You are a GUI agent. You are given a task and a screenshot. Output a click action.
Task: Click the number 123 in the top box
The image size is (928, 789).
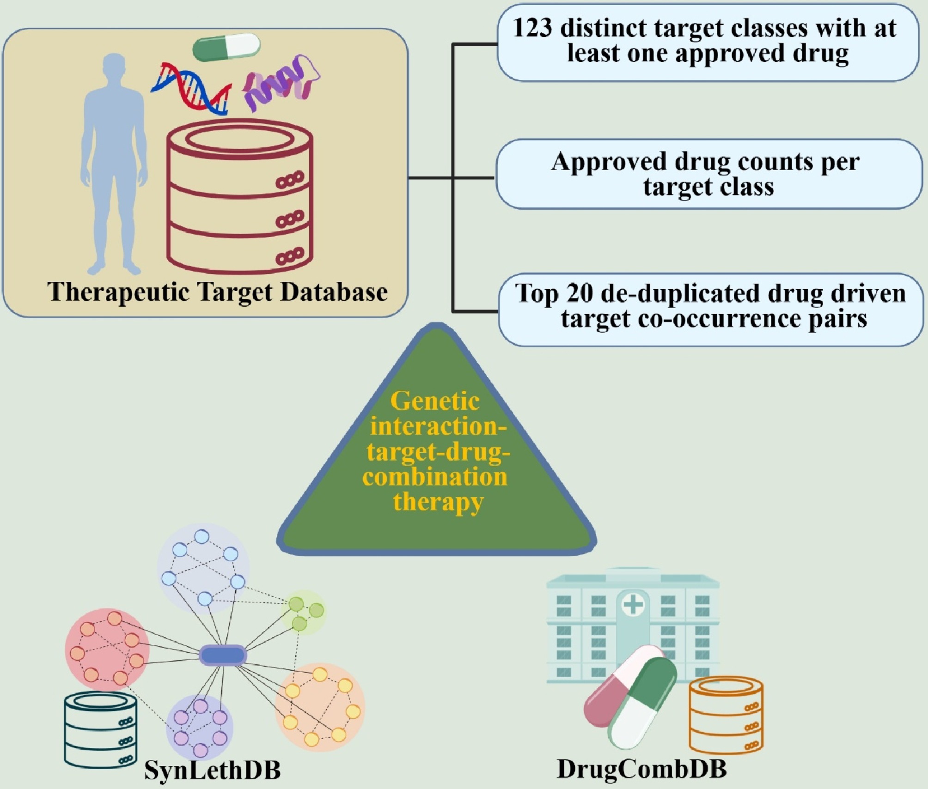(532, 29)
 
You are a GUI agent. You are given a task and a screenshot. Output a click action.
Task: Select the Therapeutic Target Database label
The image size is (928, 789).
(217, 292)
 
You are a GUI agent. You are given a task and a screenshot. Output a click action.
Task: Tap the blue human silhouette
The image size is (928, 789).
(114, 162)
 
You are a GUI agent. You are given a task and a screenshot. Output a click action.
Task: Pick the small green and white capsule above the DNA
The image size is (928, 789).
(226, 47)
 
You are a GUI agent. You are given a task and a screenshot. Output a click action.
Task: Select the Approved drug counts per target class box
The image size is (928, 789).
(708, 174)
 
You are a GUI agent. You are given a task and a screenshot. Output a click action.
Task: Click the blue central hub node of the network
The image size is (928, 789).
(223, 655)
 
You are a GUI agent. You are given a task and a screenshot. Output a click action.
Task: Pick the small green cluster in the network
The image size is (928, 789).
(304, 612)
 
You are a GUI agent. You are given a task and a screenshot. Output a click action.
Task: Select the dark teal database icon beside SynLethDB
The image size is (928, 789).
(101, 730)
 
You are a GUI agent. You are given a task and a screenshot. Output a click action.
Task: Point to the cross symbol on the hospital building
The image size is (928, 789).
(633, 605)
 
